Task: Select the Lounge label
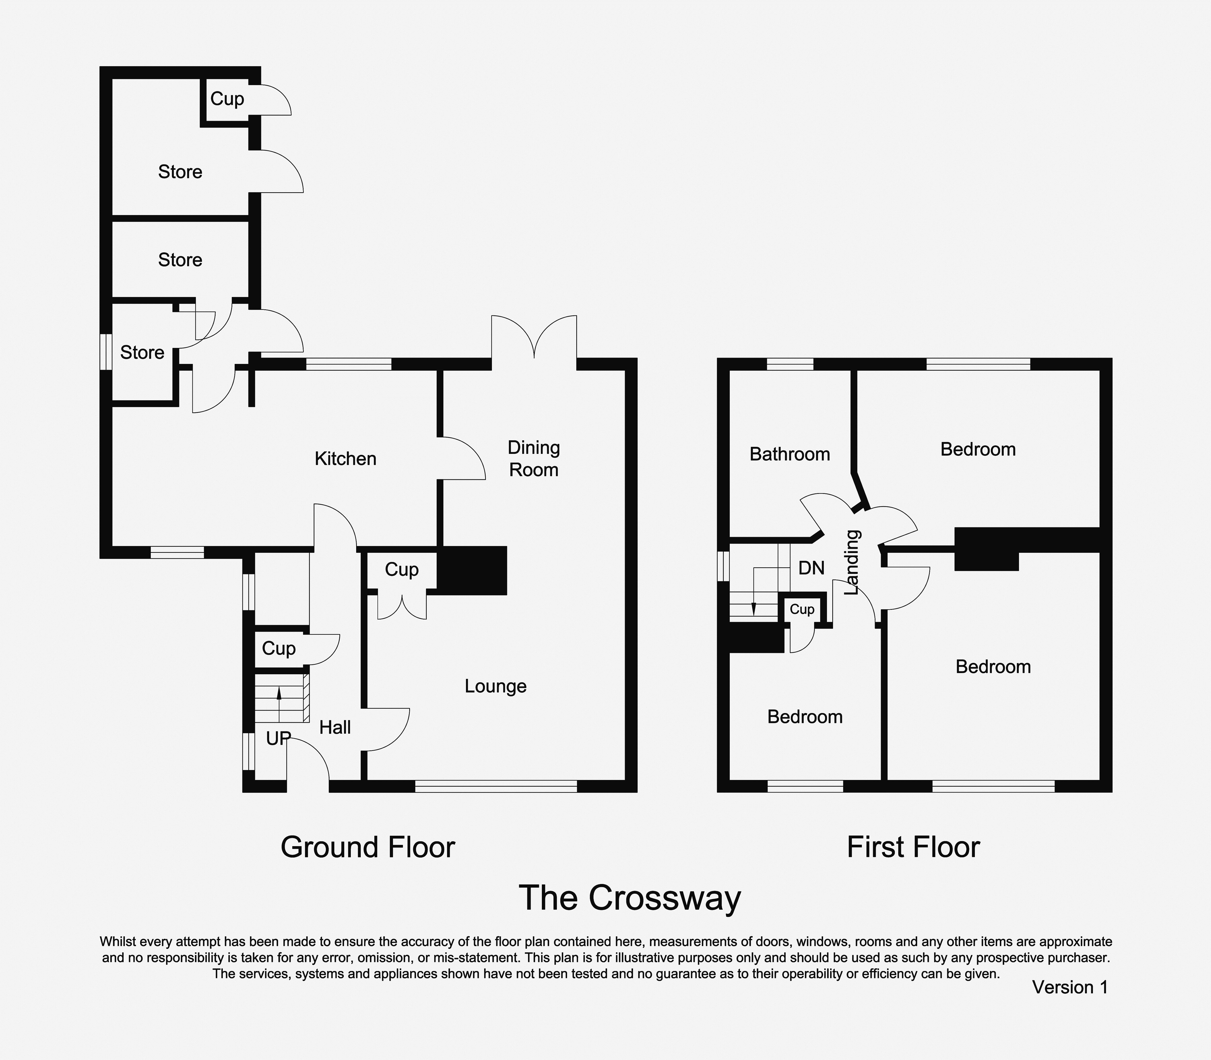pyautogui.click(x=496, y=686)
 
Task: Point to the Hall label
pyautogui.click(x=335, y=728)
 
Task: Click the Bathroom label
pyautogui.click(x=790, y=454)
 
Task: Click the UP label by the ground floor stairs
pyautogui.click(x=278, y=738)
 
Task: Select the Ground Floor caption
pyautogui.click(x=368, y=847)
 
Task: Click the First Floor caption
pyautogui.click(x=914, y=847)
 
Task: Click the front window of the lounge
pyautogui.click(x=496, y=786)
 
